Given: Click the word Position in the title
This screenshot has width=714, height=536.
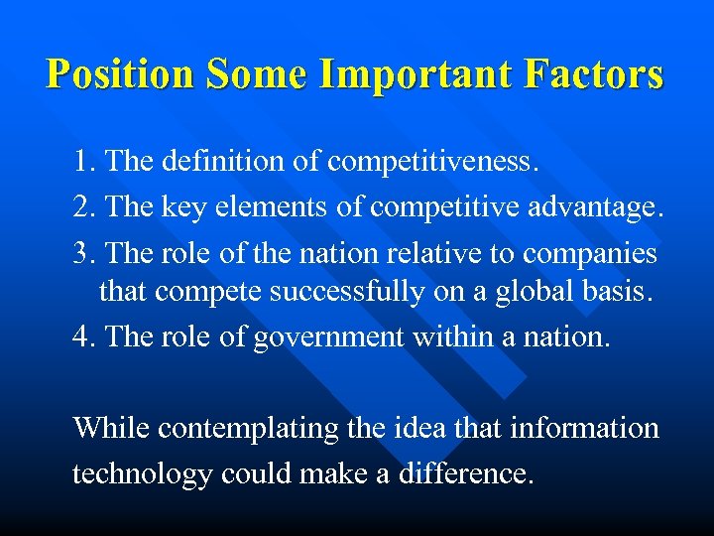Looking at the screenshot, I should tap(123, 73).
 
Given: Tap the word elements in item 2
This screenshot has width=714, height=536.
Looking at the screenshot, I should tap(274, 206).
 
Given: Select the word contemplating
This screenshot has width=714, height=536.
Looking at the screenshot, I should tap(235, 429).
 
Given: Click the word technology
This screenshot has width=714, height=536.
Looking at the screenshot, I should tap(142, 474).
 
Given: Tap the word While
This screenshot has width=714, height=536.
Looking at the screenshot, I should tap(111, 428).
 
